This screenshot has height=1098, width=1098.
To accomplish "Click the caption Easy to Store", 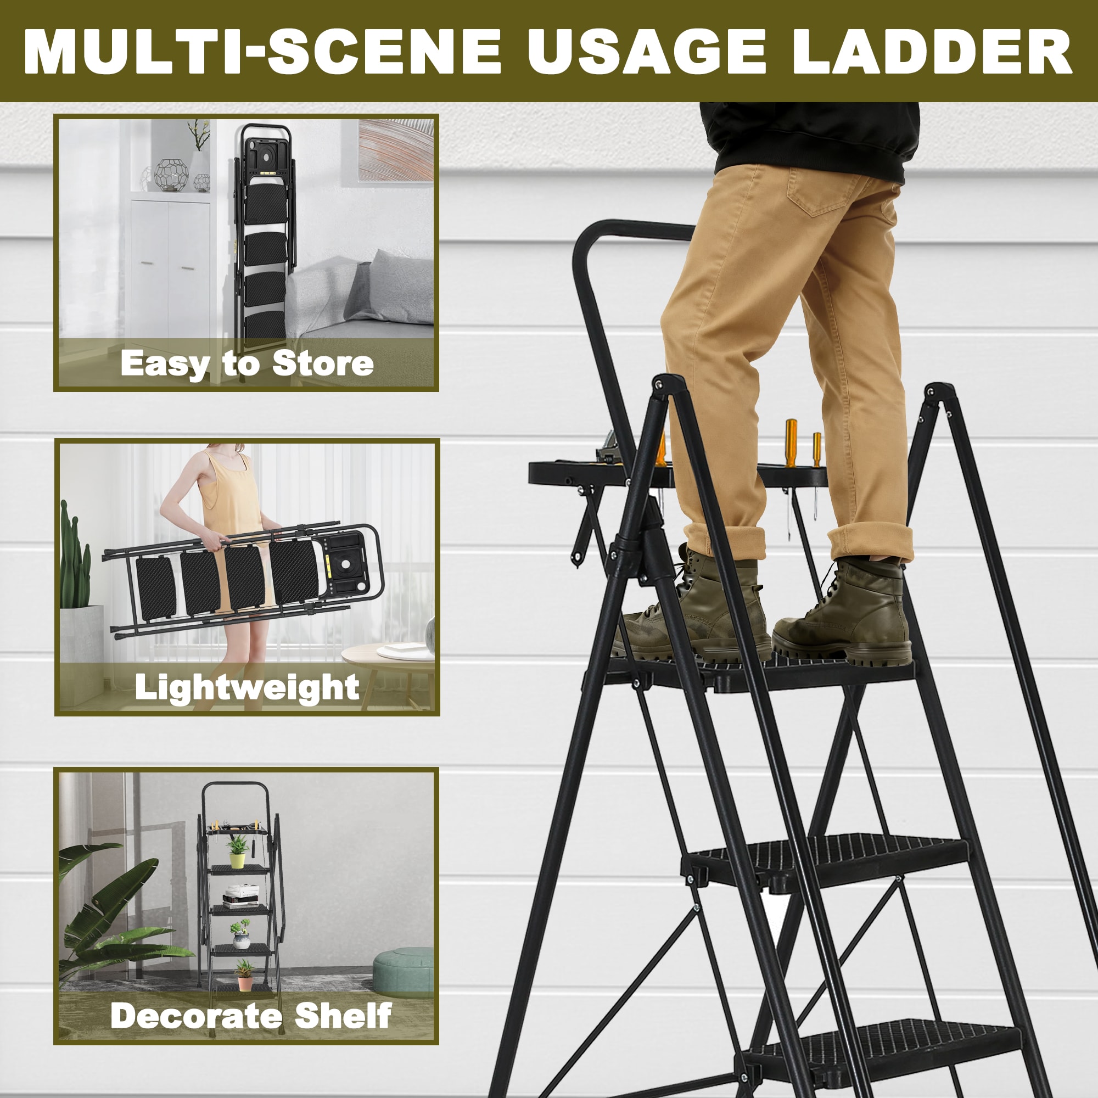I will tap(247, 364).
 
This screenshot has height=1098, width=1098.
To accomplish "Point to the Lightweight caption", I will tap(247, 688).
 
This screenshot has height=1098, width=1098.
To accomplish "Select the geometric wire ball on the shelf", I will tap(172, 175).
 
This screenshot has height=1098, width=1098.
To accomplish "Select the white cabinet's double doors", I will tap(169, 267).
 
